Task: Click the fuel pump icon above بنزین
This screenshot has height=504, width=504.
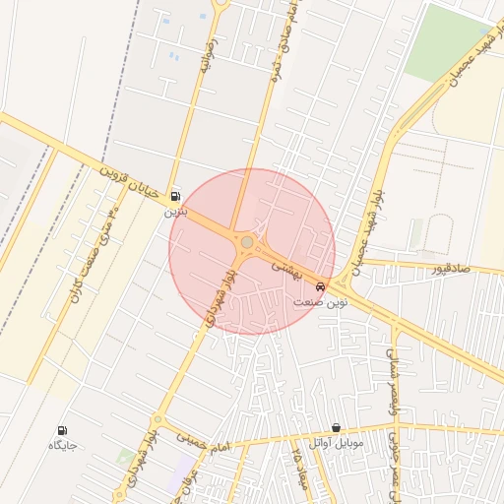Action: (x=175, y=195)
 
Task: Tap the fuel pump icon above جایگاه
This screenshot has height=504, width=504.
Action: (x=62, y=430)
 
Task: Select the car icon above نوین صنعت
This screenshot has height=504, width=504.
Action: (x=319, y=284)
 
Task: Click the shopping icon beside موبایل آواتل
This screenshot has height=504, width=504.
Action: (x=337, y=428)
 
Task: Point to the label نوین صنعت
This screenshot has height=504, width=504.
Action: (x=320, y=300)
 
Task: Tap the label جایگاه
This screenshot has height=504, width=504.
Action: (x=62, y=445)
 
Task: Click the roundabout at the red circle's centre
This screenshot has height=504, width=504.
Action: (x=247, y=242)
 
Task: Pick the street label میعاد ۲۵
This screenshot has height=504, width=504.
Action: (x=295, y=464)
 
